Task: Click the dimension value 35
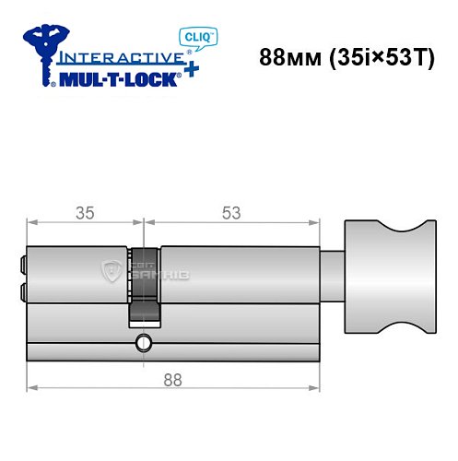pyautogui.click(x=86, y=212)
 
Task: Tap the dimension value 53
pyautogui.click(x=230, y=212)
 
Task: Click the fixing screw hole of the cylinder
pyautogui.click(x=141, y=345)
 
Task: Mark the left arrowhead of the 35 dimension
pyautogui.click(x=31, y=222)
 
